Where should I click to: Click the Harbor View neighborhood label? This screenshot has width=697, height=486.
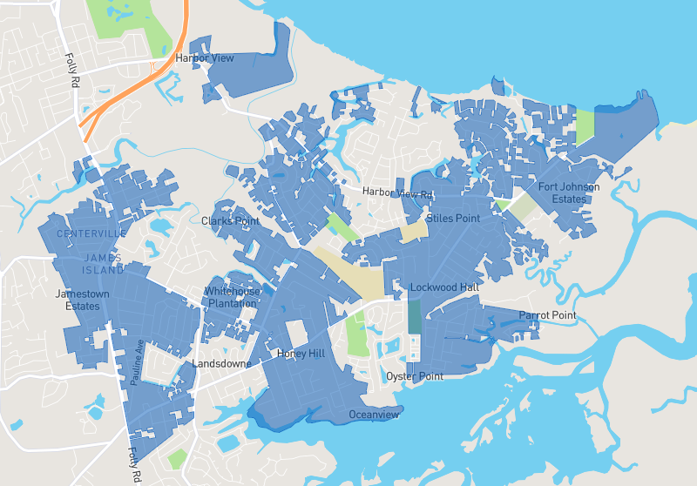[205, 58]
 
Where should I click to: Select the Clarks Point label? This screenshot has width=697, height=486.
[231, 221]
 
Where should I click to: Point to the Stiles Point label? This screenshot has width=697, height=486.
[453, 218]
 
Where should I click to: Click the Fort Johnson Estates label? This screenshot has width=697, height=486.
[569, 192]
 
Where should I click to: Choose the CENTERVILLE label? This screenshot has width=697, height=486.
[91, 234]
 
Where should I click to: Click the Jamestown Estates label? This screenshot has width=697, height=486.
[83, 300]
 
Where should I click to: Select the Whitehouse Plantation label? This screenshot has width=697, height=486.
[233, 297]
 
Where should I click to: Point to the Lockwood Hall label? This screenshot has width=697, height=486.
[444, 287]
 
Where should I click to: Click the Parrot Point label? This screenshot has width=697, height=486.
[548, 314]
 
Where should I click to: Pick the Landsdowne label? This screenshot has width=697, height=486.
[222, 363]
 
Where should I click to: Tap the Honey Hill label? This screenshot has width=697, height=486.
[300, 354]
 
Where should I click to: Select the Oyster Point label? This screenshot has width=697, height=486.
[415, 376]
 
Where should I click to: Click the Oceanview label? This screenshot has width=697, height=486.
[374, 415]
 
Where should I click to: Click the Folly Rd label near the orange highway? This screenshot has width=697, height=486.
[71, 71]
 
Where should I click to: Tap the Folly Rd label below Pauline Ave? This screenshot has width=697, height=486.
[135, 464]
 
